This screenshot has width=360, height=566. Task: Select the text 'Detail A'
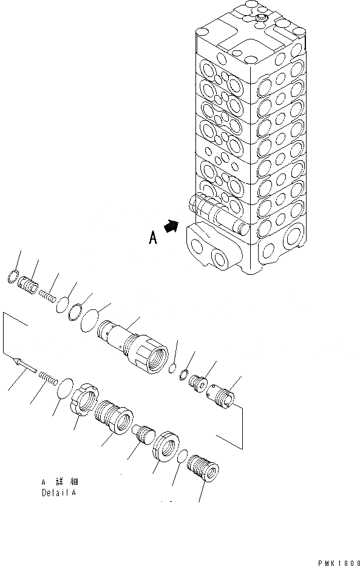click(x=59, y=492)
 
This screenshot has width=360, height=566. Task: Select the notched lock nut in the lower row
click(x=85, y=402)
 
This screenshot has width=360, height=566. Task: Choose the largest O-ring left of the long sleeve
click(x=92, y=319)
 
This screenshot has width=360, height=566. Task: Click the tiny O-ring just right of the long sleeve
click(x=172, y=369)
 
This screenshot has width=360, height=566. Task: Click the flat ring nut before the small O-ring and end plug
click(x=166, y=448)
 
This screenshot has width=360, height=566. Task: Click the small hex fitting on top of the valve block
click(x=261, y=22)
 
